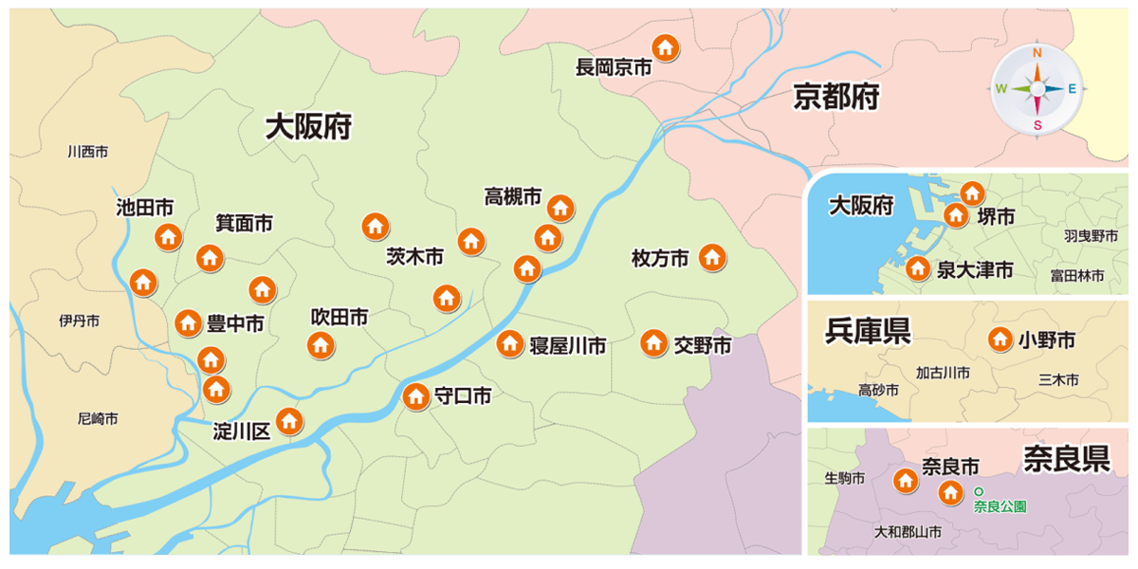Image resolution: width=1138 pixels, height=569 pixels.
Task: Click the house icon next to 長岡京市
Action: (x=666, y=46)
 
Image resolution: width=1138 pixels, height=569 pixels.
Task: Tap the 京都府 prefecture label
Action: (x=836, y=96)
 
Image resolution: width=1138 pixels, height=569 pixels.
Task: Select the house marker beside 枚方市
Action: (x=712, y=257)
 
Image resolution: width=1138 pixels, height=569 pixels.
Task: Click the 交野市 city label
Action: (x=703, y=345)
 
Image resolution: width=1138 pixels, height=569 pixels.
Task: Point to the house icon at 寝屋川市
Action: (x=510, y=343)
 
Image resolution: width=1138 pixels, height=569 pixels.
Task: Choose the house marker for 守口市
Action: (x=415, y=396)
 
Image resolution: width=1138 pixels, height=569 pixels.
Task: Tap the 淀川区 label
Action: (x=242, y=431)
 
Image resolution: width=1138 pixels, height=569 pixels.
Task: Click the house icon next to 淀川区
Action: (x=288, y=420)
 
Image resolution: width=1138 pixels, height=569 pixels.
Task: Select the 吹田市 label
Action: (x=340, y=318)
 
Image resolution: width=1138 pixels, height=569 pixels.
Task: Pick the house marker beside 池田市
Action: (x=169, y=236)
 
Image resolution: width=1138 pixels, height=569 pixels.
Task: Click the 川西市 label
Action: (x=88, y=152)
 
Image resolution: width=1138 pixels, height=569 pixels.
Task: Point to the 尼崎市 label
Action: (x=98, y=418)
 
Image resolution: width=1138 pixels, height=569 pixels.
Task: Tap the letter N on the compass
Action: (x=1037, y=53)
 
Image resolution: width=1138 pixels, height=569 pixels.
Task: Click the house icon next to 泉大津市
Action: (x=917, y=268)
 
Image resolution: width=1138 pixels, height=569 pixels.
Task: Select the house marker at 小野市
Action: (x=1000, y=340)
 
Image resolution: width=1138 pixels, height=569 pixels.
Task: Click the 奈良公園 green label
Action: (x=1000, y=506)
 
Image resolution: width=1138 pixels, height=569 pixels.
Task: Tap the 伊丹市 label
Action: (x=79, y=321)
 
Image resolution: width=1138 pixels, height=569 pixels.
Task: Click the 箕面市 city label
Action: (x=244, y=224)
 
